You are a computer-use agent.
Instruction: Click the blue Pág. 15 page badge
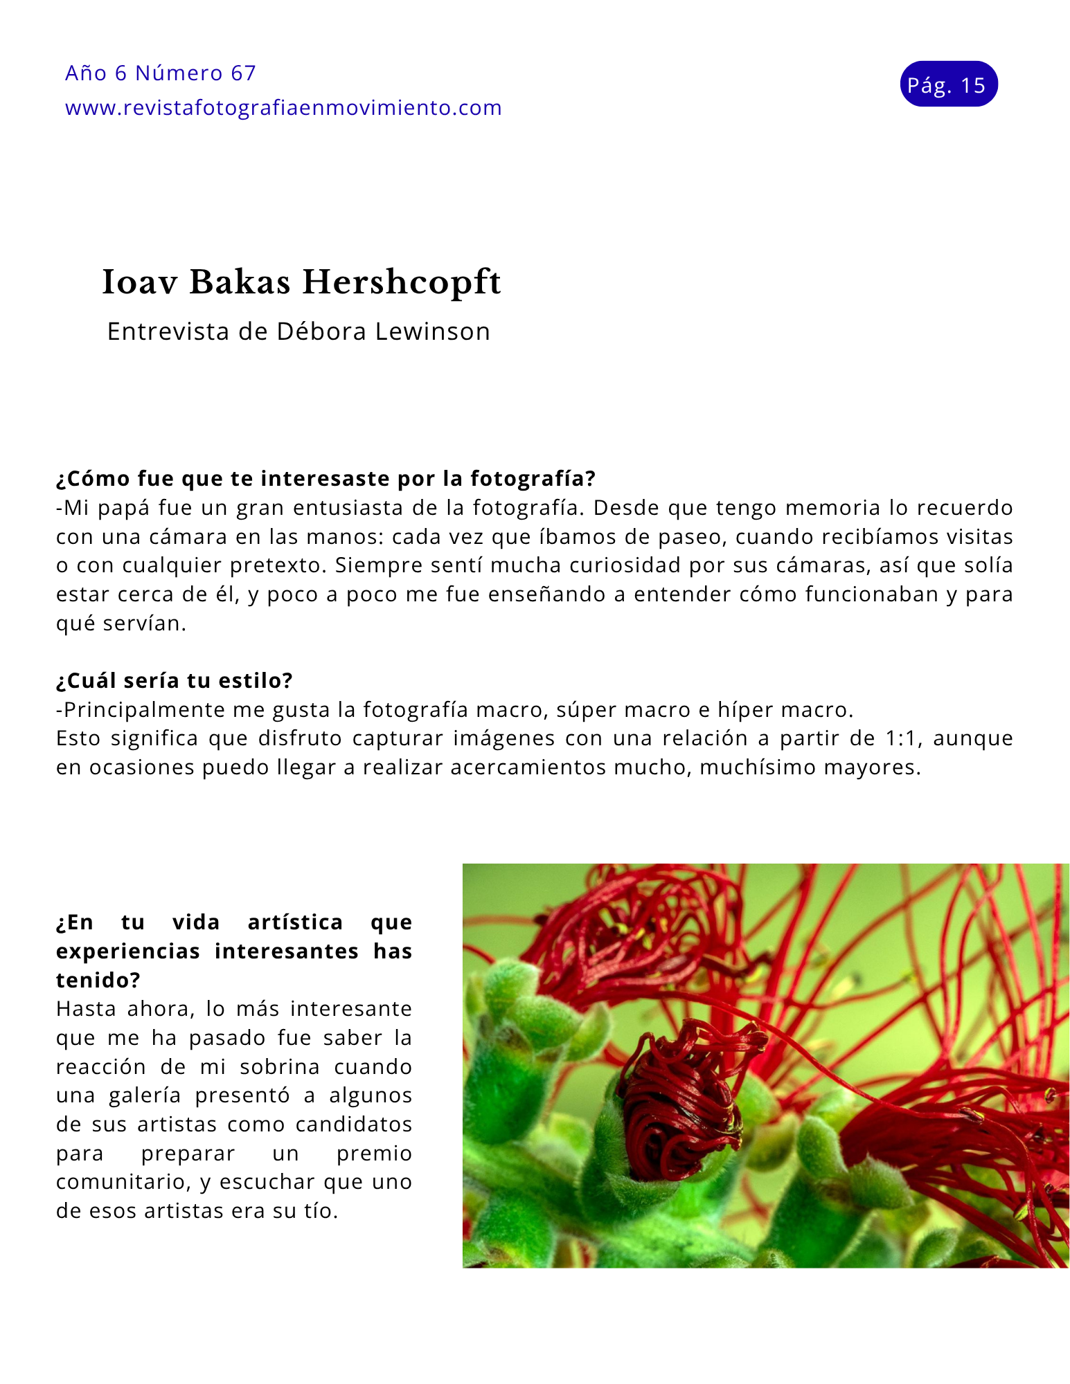(x=948, y=84)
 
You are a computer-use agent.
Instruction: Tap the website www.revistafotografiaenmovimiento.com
(x=283, y=108)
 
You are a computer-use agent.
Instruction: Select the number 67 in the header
(x=243, y=73)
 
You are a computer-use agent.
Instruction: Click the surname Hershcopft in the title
(x=402, y=282)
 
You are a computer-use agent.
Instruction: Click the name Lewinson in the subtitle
(x=433, y=331)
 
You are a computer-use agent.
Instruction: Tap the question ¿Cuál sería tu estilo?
(x=175, y=680)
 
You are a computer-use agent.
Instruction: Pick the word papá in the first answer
(x=124, y=508)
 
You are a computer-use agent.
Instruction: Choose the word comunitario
(x=123, y=1182)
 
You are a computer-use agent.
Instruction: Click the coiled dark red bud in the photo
(x=679, y=1100)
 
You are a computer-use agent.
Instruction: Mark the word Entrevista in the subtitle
(x=168, y=331)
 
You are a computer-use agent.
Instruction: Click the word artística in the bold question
(x=295, y=922)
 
